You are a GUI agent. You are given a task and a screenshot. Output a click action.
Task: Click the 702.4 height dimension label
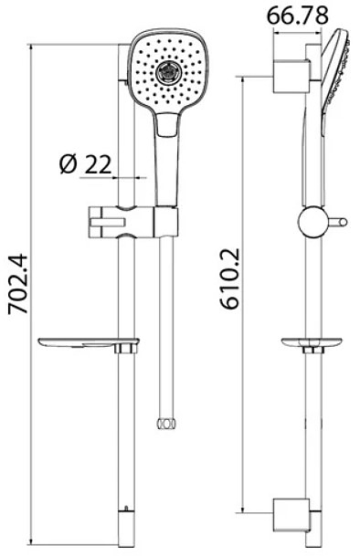click(18, 283)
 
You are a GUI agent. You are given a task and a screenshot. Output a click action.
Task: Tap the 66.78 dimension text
click(298, 16)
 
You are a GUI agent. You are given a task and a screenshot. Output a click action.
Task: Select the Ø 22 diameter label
click(86, 164)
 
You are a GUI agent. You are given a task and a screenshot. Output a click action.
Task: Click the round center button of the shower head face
click(168, 72)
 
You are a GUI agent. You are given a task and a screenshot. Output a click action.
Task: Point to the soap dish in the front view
click(89, 344)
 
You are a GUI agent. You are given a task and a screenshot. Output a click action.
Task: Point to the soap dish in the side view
click(312, 343)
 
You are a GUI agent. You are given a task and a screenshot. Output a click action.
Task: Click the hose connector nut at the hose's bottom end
click(166, 423)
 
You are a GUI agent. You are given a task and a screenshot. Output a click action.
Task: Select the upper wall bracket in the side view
click(291, 77)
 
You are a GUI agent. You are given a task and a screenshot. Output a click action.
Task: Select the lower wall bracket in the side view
click(291, 516)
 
